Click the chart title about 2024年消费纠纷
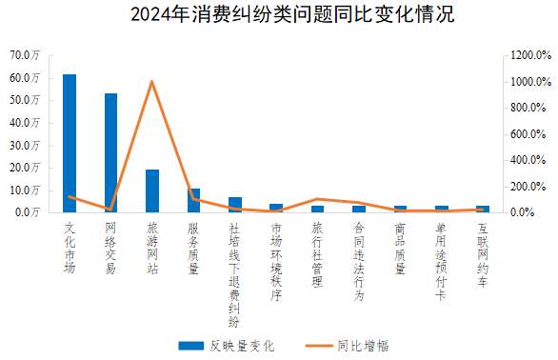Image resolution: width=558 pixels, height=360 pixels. (x=278, y=16)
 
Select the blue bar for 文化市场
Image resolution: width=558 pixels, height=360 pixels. (x=70, y=143)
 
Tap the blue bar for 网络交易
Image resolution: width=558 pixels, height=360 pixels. (x=110, y=152)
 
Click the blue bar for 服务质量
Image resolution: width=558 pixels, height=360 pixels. (x=194, y=200)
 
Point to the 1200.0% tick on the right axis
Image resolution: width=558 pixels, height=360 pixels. (x=528, y=55)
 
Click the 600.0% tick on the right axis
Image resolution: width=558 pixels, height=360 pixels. (x=528, y=133)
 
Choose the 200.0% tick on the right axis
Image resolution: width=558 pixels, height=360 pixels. (x=528, y=186)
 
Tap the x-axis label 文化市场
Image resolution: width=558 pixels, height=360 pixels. (x=70, y=248)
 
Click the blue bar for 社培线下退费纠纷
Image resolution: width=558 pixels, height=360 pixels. (x=235, y=205)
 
